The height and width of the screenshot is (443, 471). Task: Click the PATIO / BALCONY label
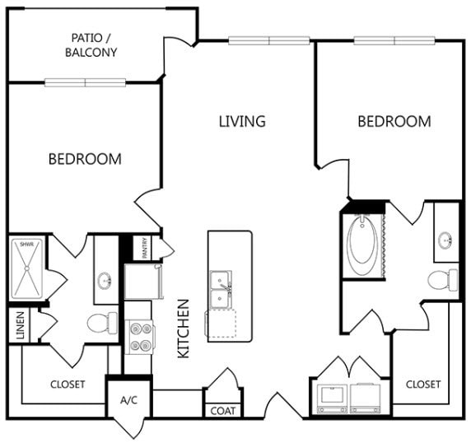click(x=91, y=45)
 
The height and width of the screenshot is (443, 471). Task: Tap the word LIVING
click(x=242, y=121)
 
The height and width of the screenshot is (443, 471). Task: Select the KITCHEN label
click(x=184, y=329)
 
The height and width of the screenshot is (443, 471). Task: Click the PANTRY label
click(x=145, y=248)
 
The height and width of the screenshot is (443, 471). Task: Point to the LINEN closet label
click(x=20, y=325)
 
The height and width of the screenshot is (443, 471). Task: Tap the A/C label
click(x=128, y=400)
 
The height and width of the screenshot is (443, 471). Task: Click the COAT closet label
click(x=222, y=411)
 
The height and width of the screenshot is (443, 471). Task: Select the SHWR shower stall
click(x=27, y=268)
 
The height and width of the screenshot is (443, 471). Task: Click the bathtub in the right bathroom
click(x=362, y=245)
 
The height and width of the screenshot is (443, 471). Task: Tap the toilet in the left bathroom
click(x=102, y=323)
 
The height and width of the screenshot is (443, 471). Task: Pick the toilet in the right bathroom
click(x=443, y=280)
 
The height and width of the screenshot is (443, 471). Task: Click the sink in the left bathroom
click(x=105, y=281)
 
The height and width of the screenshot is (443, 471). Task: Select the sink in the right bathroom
click(x=445, y=240)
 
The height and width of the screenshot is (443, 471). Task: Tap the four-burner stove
click(x=140, y=337)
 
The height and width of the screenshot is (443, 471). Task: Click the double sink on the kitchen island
click(x=221, y=290)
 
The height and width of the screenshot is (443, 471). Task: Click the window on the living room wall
click(x=268, y=40)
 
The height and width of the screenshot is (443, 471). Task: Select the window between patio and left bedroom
click(x=86, y=82)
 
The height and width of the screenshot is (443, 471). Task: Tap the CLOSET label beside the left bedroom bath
click(x=68, y=385)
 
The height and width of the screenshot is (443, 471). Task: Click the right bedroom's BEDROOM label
click(x=394, y=121)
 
